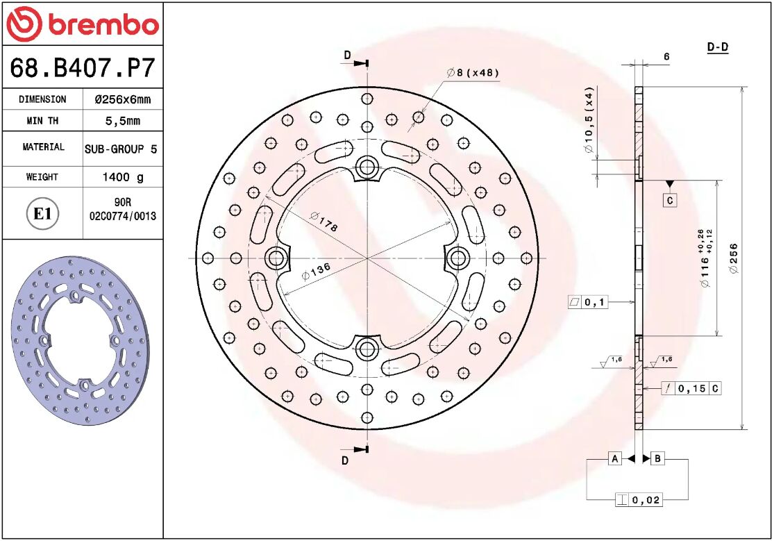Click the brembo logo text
point(103,25)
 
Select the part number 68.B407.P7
point(82,69)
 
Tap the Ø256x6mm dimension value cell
point(122,99)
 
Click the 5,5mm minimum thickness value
point(122,121)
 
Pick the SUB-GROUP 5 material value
point(121,149)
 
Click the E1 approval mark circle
point(42,213)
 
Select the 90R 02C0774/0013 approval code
point(123,210)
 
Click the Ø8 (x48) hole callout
point(473,72)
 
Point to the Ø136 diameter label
point(315,270)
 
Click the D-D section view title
point(717,47)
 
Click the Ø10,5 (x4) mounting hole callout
point(589,122)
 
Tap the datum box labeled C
point(669,201)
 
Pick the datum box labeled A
point(614,458)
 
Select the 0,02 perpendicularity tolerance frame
point(638,499)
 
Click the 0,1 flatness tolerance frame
point(587,302)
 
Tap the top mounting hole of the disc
point(366,166)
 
